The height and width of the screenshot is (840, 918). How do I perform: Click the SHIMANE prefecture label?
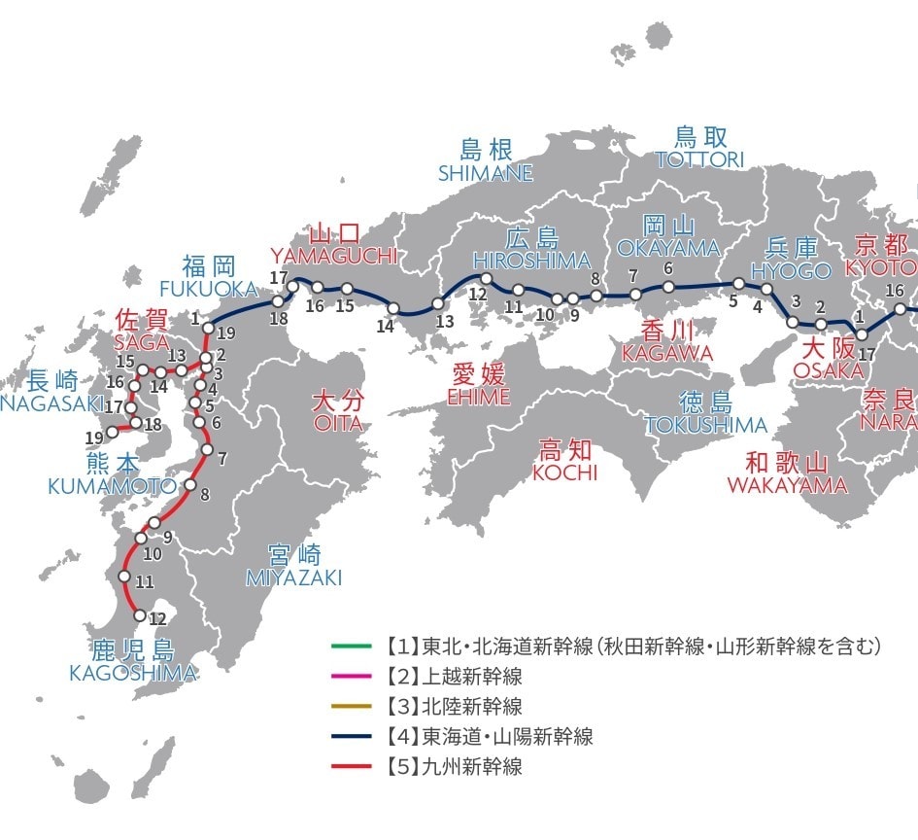tap(486, 173)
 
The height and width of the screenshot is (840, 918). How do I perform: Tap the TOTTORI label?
tap(699, 159)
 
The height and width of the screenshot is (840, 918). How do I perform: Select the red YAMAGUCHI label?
tap(334, 255)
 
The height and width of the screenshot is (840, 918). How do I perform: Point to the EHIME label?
tap(478, 398)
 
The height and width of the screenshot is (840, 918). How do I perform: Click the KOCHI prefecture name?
tap(564, 472)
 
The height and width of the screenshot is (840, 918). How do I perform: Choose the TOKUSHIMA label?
tap(705, 425)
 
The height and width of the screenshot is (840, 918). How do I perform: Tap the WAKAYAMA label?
tap(787, 484)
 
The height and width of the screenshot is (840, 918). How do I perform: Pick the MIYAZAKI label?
tap(293, 577)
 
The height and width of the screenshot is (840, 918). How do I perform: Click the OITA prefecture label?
tap(337, 423)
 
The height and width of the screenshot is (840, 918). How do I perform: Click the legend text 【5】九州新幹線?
tap(459, 766)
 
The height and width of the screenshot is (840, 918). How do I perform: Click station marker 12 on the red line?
tap(140, 616)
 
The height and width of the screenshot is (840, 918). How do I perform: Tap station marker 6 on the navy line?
tap(668, 286)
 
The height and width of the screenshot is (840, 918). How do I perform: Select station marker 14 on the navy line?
tap(393, 309)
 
